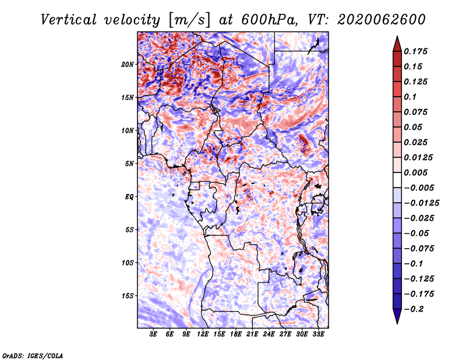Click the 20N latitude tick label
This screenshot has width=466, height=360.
tap(127, 65)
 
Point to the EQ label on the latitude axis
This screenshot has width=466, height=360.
tap(129, 197)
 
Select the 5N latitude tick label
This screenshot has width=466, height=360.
tap(129, 164)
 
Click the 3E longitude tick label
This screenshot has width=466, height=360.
tap(153, 334)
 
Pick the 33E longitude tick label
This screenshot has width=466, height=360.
tap(318, 334)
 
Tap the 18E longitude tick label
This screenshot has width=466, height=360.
tap(236, 334)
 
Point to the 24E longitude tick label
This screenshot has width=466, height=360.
tap(269, 334)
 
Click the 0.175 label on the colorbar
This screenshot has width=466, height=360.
tap(415, 51)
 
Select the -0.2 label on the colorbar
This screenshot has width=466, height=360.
tap(414, 309)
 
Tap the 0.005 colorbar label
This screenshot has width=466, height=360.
tap(415, 172)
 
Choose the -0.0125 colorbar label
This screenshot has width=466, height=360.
tap(421, 203)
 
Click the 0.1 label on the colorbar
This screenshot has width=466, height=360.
tap(410, 97)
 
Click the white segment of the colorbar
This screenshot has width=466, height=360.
tap(397, 180)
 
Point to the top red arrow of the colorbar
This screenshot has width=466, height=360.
tap(397, 44)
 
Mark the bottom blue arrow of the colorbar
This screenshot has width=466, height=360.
tap(397, 316)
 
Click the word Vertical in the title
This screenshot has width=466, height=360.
tap(69, 20)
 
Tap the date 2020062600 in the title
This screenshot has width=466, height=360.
tap(382, 20)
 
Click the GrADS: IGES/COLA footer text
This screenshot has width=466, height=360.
tap(33, 355)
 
